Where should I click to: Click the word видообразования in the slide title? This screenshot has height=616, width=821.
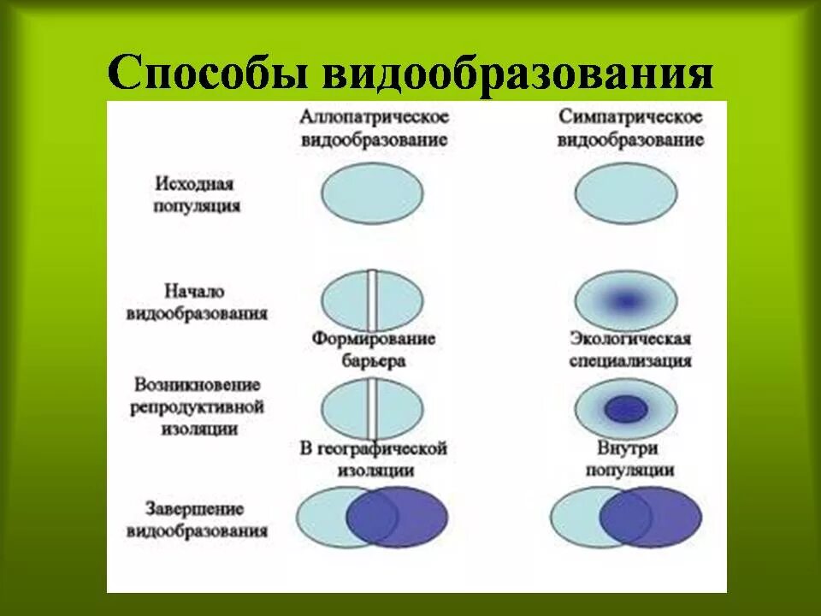(517, 74)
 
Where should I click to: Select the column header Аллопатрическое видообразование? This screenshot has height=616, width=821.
(374, 128)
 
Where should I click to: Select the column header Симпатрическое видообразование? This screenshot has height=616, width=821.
(630, 128)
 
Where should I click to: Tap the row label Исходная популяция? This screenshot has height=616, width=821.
(196, 195)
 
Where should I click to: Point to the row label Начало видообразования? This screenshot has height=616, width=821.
(196, 302)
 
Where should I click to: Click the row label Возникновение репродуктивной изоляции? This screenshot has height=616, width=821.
(196, 407)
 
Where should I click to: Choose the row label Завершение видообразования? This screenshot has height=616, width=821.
(196, 519)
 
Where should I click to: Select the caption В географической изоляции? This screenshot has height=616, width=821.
(373, 459)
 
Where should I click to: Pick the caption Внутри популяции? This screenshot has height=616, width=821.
(630, 459)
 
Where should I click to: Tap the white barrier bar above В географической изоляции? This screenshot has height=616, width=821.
(373, 408)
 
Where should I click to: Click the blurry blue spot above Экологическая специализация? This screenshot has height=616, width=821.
(626, 300)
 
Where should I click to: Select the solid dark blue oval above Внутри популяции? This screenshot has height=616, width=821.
(626, 409)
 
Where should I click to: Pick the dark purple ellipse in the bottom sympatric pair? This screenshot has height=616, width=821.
(663, 518)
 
